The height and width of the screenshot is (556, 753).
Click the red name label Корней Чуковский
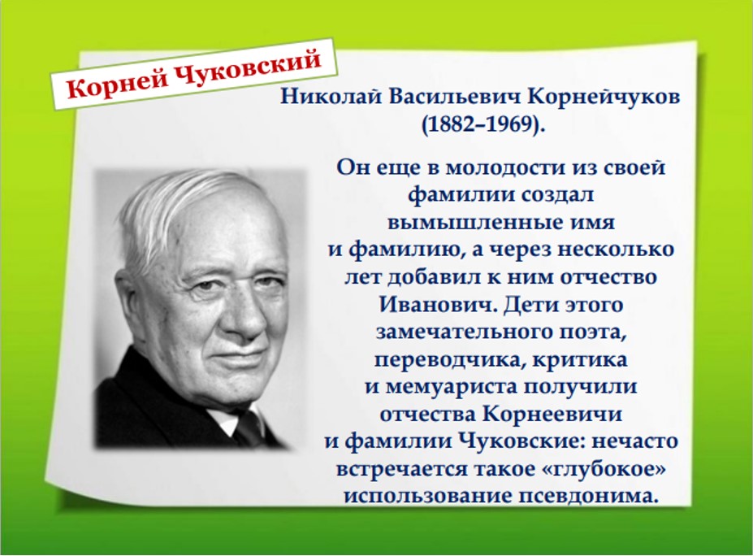[193, 73]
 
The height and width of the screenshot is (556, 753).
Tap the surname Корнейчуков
[604, 98]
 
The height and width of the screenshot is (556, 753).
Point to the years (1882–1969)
[483, 124]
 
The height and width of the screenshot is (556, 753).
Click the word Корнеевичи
[552, 415]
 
